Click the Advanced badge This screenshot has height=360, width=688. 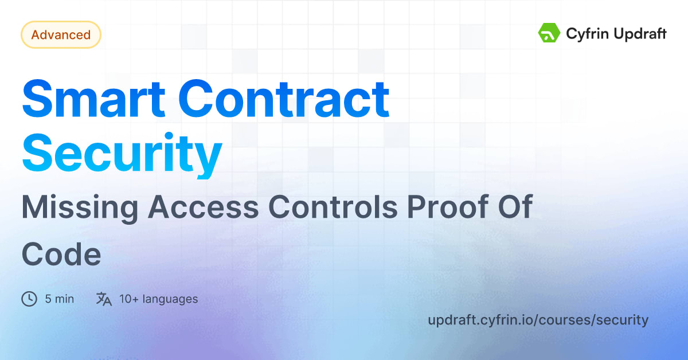(x=61, y=35)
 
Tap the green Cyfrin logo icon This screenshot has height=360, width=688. (x=549, y=33)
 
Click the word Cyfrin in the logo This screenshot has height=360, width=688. (x=586, y=34)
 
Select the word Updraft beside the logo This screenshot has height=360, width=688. (x=640, y=34)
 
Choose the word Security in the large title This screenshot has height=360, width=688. (x=122, y=154)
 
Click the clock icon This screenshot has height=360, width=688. (x=29, y=299)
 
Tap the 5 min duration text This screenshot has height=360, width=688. (x=59, y=299)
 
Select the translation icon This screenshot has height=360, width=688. (x=104, y=299)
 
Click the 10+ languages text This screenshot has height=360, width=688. (x=158, y=299)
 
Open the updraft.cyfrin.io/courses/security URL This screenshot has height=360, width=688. (x=538, y=319)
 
